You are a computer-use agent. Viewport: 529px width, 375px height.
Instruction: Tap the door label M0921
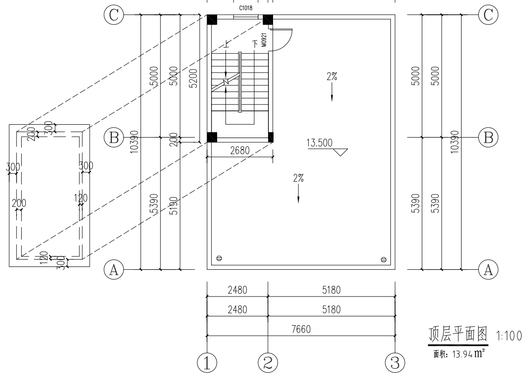click(263, 41)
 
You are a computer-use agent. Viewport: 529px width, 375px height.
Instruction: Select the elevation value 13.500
click(319, 143)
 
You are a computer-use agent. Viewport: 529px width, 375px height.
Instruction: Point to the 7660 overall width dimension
click(301, 329)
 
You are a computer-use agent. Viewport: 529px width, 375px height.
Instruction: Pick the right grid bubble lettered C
click(488, 15)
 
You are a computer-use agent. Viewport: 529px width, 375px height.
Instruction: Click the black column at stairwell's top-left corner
click(212, 20)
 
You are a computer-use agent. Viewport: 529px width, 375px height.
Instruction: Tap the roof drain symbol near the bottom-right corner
click(383, 260)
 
